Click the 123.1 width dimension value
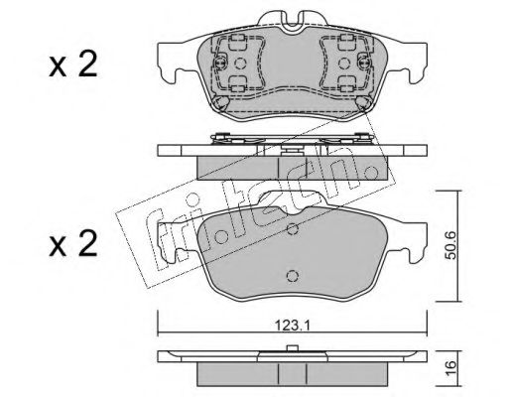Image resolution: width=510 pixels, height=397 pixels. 293,326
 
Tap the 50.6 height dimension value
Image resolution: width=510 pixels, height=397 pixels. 450,245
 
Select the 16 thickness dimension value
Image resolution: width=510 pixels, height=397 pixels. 450,368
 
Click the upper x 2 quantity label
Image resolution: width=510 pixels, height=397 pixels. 73,65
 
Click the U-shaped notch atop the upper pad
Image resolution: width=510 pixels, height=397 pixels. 292,23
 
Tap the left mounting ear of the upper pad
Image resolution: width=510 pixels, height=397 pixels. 172,62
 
